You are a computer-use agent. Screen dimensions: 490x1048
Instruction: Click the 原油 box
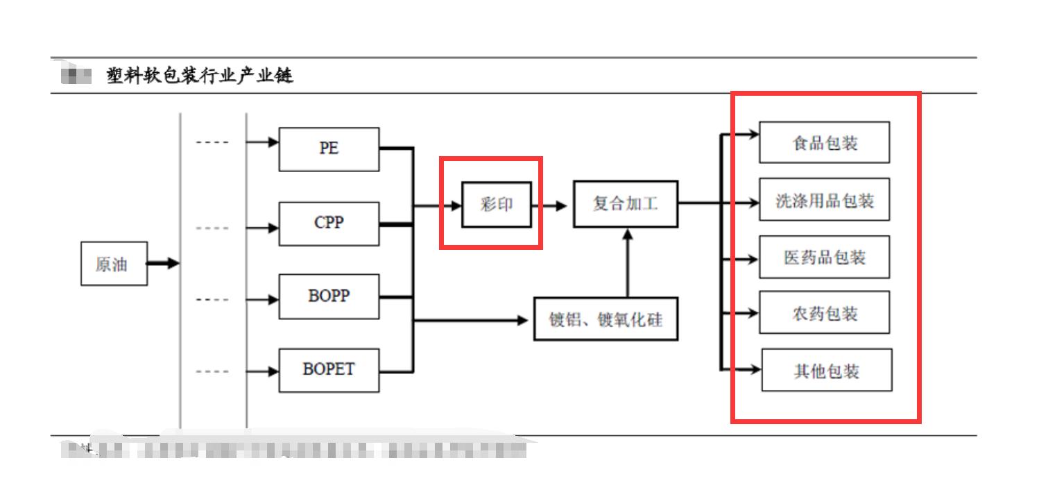[x=114, y=264]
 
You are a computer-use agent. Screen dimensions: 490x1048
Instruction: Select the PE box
[x=329, y=149]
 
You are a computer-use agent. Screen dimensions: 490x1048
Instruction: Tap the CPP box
[x=329, y=223]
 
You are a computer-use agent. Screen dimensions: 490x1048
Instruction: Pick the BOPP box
[x=329, y=296]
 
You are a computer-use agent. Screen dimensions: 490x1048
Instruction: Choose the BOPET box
[x=329, y=370]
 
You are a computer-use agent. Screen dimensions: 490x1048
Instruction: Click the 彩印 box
[x=497, y=205]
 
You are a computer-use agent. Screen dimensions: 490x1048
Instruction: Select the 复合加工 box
[x=625, y=204]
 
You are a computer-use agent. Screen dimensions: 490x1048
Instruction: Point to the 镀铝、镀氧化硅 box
[x=605, y=319]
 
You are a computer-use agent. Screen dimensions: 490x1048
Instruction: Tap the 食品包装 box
[x=824, y=143]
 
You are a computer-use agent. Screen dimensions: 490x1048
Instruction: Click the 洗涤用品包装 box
[x=824, y=201]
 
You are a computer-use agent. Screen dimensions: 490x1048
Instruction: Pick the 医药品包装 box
[x=824, y=257]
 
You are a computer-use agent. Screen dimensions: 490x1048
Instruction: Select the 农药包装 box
[x=824, y=314]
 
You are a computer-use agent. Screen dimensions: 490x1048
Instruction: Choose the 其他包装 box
[x=826, y=371]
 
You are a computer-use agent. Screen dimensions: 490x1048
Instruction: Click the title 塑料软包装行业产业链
[x=200, y=75]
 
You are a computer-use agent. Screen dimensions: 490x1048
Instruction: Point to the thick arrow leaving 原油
[x=163, y=264]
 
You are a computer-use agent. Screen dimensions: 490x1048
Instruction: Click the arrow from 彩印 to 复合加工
[x=551, y=206]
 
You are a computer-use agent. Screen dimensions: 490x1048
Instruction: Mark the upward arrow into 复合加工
[x=628, y=264]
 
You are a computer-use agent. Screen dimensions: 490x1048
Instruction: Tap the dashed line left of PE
[x=212, y=143]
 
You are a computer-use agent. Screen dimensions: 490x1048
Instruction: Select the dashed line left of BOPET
[x=212, y=371]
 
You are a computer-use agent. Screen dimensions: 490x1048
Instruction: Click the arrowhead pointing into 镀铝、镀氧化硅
[x=522, y=320]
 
